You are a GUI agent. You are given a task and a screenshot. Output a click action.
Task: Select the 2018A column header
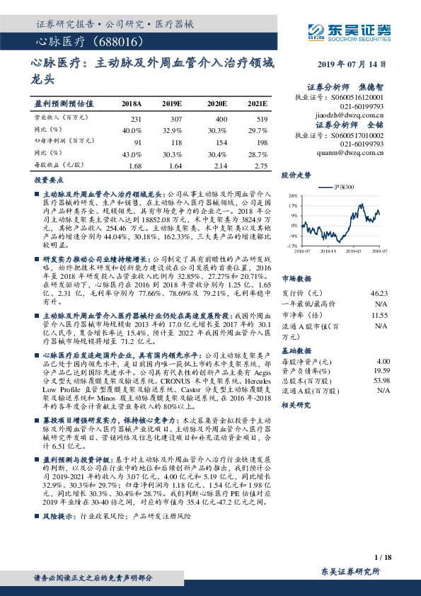pos(132,103)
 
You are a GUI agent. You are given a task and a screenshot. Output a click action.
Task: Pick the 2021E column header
pos(258,103)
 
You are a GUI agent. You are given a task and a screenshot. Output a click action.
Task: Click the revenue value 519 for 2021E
pos(261,118)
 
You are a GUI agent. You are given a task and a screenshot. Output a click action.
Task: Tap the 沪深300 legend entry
pos(340,188)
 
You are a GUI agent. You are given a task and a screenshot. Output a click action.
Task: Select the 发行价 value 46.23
pos(379,292)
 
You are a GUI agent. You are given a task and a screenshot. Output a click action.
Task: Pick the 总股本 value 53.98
pos(381,379)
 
